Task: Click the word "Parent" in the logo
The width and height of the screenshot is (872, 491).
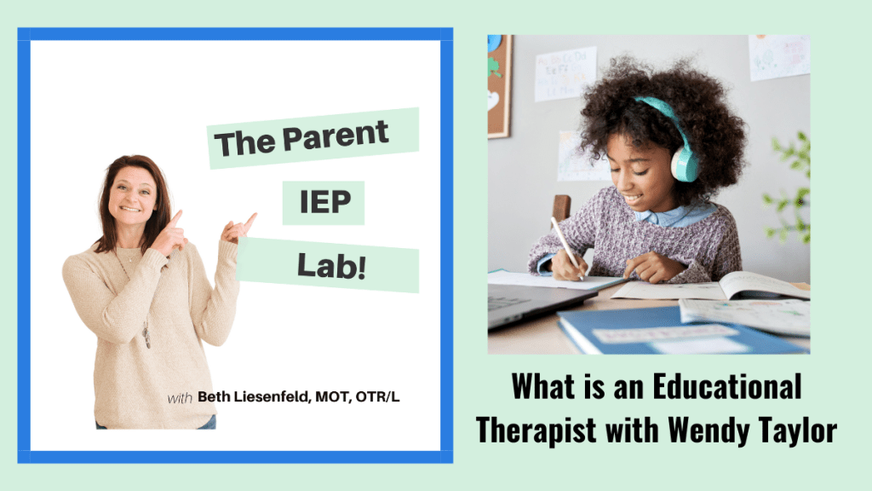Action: [x=336, y=136]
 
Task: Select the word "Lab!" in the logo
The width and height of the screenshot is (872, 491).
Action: [x=331, y=266]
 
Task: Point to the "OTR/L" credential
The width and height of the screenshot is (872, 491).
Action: [x=377, y=396]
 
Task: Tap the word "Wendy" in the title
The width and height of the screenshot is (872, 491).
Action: [x=708, y=430]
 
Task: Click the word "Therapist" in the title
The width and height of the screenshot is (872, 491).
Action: [x=536, y=430]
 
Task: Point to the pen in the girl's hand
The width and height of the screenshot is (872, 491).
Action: [x=566, y=248]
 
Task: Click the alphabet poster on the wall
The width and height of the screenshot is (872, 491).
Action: [x=565, y=73]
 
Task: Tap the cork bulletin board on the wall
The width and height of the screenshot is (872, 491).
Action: [x=499, y=86]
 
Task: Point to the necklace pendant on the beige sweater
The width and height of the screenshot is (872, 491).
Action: [x=146, y=336]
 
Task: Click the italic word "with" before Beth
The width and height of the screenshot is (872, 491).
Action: [x=180, y=398]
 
